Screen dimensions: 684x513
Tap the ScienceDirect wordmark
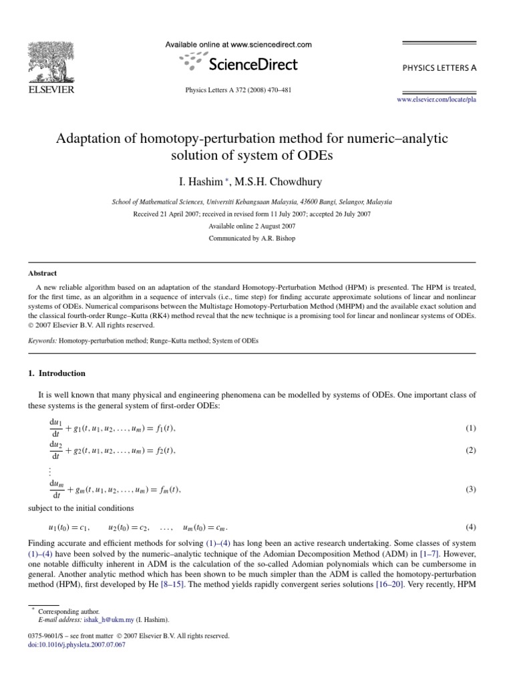[253, 64]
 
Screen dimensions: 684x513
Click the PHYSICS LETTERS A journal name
[439, 68]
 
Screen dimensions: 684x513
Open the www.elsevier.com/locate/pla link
[436, 99]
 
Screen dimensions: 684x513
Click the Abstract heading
[42, 273]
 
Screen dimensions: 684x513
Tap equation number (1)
[470, 427]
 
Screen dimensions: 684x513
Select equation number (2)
[470, 451]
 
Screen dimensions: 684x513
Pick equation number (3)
[470, 490]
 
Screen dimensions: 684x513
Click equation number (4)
[470, 527]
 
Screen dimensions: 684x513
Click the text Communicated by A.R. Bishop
[252, 238]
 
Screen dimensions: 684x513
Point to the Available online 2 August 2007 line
[252, 226]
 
